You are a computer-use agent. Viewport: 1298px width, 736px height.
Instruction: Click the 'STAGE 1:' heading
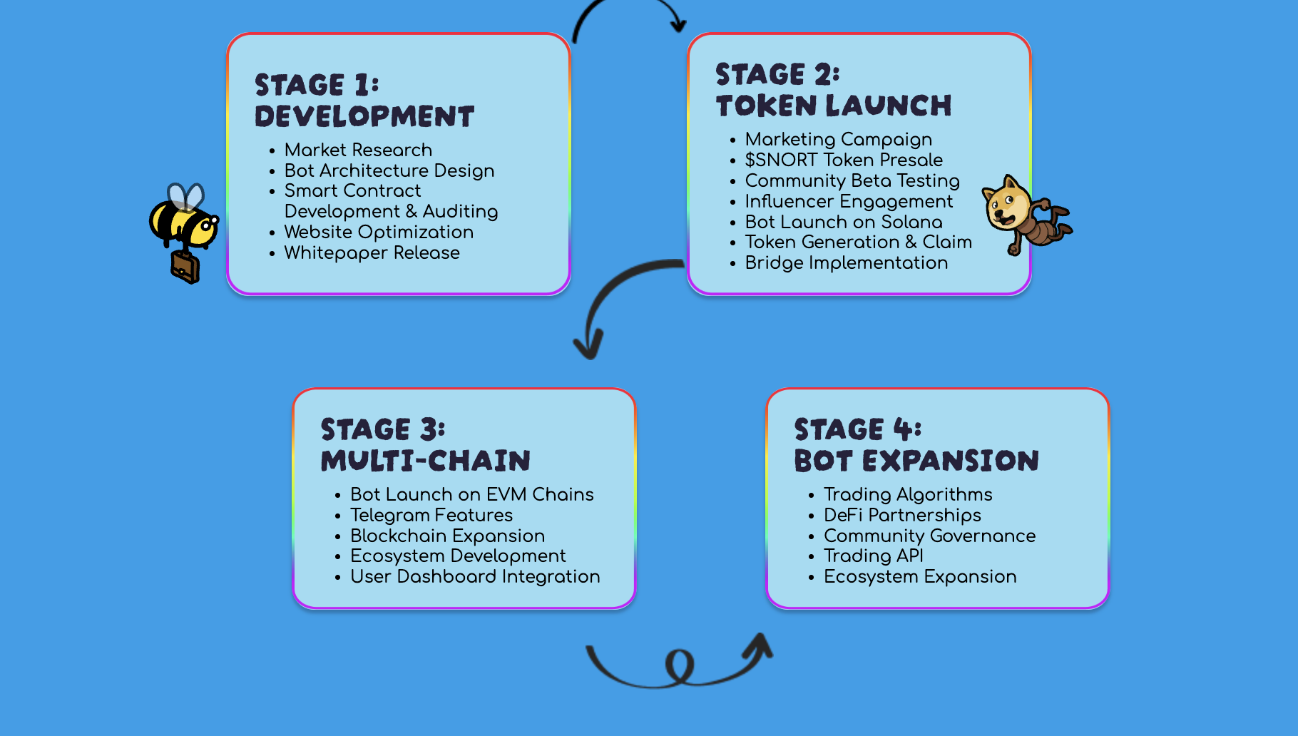point(317,85)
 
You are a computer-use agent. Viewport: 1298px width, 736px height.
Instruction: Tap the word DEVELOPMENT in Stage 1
point(364,116)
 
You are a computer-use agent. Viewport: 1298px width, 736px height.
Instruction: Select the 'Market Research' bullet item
point(358,150)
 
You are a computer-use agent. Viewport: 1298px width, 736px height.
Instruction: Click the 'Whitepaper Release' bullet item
point(372,252)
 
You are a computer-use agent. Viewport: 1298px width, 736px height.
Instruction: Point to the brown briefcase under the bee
point(185,267)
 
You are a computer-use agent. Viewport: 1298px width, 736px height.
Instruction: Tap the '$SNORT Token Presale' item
point(844,160)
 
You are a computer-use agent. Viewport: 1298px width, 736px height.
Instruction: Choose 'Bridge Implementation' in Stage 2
point(846,262)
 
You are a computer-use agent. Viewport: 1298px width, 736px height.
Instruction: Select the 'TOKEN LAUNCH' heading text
point(834,106)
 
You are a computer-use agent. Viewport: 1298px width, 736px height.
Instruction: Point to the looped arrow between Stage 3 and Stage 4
point(679,667)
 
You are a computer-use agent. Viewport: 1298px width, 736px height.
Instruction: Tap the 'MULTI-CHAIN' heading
point(426,461)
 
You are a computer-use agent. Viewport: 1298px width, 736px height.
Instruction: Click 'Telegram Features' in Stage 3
point(431,515)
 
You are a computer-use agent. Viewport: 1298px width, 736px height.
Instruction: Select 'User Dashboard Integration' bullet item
point(475,576)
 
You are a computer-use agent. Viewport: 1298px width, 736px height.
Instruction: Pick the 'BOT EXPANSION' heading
point(916,461)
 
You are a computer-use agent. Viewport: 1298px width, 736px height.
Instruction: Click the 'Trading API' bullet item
point(874,556)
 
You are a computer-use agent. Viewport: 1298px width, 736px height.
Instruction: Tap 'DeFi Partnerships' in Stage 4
point(902,515)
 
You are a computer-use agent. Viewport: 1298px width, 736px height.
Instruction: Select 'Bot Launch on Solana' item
point(844,222)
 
